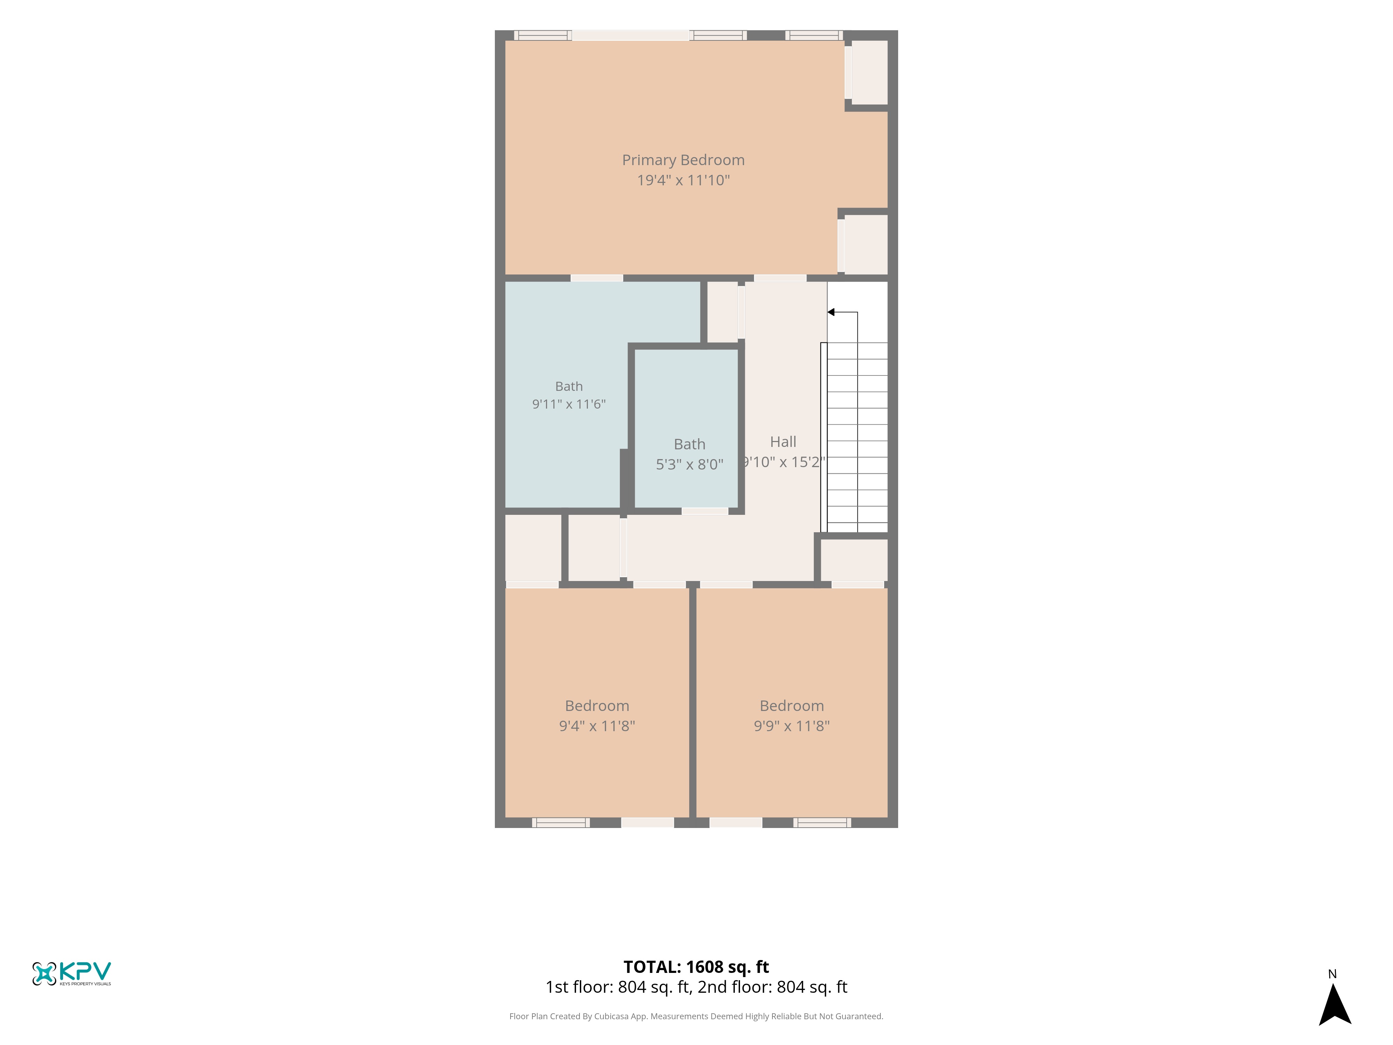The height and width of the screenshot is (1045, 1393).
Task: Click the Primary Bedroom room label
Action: point(683,160)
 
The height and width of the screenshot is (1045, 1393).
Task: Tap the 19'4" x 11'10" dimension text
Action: point(683,180)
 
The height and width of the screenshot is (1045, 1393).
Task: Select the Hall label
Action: point(783,442)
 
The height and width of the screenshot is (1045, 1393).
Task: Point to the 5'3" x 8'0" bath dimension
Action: point(690,464)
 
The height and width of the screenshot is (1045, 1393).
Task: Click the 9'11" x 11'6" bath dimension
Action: point(569,404)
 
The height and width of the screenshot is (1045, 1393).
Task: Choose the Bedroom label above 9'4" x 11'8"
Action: point(597,705)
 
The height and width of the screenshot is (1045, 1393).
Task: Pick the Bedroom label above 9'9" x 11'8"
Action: point(792,705)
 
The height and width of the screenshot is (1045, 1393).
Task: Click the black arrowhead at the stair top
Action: point(831,312)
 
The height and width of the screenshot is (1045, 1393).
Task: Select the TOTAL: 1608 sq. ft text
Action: point(696,967)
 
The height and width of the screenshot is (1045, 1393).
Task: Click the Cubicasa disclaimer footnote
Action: point(696,1016)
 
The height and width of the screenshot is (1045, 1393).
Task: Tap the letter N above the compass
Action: point(1332,974)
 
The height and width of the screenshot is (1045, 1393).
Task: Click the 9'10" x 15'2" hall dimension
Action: point(783,462)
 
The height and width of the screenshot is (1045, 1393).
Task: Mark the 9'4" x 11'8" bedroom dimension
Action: point(597,726)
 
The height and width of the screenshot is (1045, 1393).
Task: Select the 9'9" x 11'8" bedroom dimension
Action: point(792,726)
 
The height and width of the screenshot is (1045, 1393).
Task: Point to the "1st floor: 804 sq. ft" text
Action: point(617,987)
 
